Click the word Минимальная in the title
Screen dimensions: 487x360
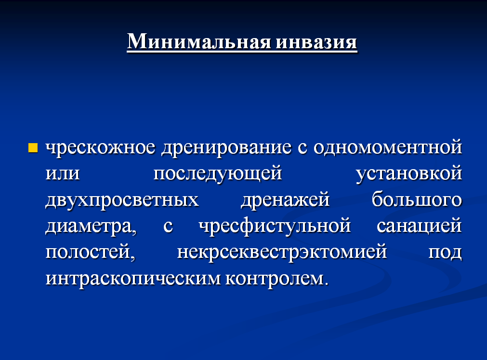[199, 41]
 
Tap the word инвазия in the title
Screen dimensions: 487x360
[316, 41]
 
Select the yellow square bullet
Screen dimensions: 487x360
[33, 148]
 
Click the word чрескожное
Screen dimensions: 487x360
[100, 148]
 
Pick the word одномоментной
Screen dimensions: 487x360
[388, 147]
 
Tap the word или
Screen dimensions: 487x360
[63, 173]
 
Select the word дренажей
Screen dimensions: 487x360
[285, 200]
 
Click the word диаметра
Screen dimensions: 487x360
[91, 227]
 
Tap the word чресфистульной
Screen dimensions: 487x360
[275, 226]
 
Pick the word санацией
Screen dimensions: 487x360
[419, 226]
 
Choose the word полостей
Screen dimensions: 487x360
[91, 252]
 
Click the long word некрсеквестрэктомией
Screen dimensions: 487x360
[282, 253]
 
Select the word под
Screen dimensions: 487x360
[445, 252]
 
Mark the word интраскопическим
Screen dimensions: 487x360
[132, 279]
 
